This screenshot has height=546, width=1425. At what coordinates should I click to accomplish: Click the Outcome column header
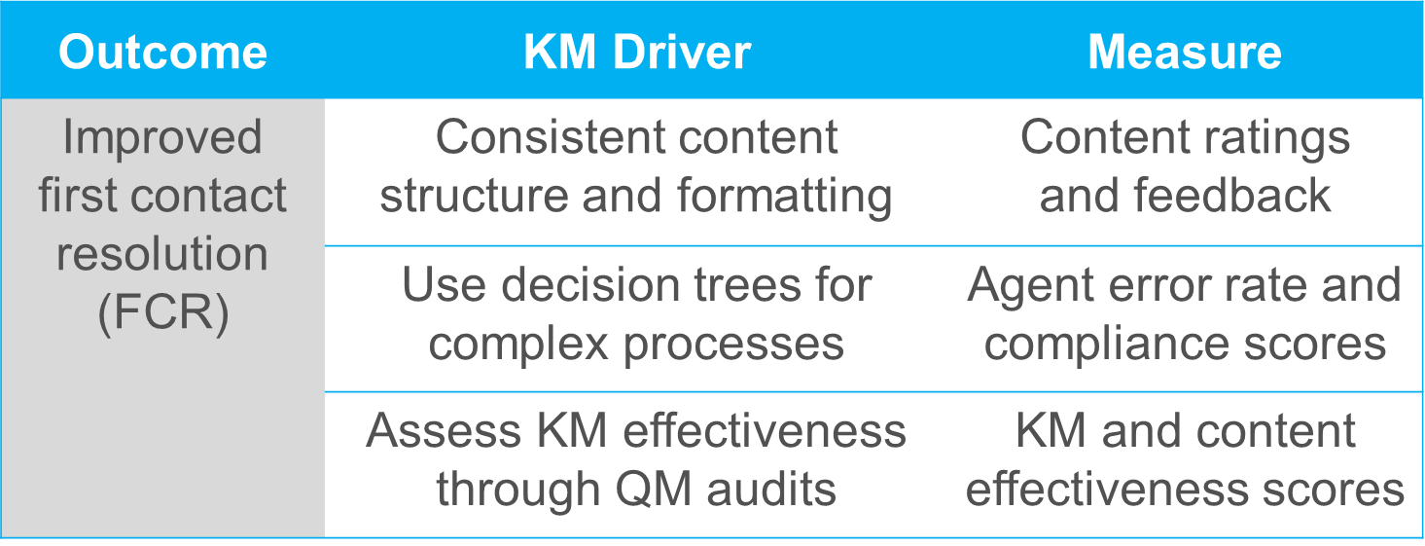tap(162, 52)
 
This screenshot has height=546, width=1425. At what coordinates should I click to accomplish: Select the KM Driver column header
tap(637, 52)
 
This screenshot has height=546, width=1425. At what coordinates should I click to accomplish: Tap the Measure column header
tap(1184, 52)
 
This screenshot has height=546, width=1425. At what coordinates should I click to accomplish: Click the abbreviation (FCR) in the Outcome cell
tap(162, 314)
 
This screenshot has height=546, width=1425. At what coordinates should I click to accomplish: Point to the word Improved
tap(162, 137)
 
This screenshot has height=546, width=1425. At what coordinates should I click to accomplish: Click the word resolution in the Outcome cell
tap(162, 255)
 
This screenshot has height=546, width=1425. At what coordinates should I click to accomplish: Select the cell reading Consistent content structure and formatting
tap(636, 167)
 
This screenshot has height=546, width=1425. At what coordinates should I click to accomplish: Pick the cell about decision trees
tap(636, 315)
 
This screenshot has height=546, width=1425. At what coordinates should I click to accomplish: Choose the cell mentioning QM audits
tap(636, 461)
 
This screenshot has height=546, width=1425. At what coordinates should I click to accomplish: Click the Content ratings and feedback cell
tap(1184, 167)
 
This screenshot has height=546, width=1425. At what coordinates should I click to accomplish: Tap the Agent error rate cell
tap(1184, 315)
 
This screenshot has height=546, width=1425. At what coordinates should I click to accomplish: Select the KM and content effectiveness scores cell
tap(1184, 461)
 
